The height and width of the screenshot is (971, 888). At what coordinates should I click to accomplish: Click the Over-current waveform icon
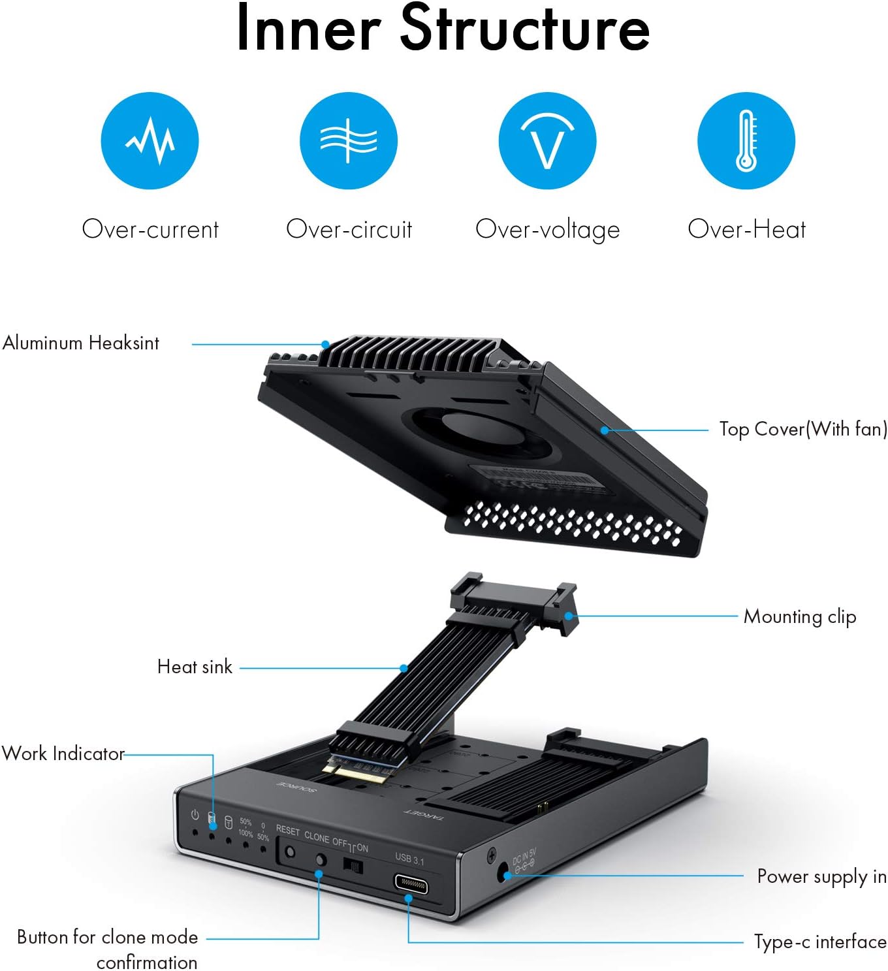150,140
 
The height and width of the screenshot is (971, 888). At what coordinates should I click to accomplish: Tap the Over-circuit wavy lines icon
348,140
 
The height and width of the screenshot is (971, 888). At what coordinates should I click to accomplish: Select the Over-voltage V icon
547,140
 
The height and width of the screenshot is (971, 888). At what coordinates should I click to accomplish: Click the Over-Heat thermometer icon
746,140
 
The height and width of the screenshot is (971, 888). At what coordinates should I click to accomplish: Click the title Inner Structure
443,29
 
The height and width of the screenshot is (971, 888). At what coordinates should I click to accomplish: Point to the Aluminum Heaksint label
81,343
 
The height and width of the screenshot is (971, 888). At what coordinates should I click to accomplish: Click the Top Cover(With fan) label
802,429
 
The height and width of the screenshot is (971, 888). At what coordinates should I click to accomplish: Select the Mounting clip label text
799,616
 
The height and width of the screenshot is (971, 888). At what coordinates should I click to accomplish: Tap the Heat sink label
195,667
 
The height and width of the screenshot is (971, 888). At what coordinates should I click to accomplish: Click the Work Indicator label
63,754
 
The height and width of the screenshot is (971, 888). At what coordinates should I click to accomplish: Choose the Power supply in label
821,876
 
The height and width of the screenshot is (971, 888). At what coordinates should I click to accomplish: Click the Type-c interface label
820,942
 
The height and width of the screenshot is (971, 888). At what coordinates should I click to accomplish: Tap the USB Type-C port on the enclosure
411,885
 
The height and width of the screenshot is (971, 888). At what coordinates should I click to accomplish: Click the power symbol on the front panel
195,815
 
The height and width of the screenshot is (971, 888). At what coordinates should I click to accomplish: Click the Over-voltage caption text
547,229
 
